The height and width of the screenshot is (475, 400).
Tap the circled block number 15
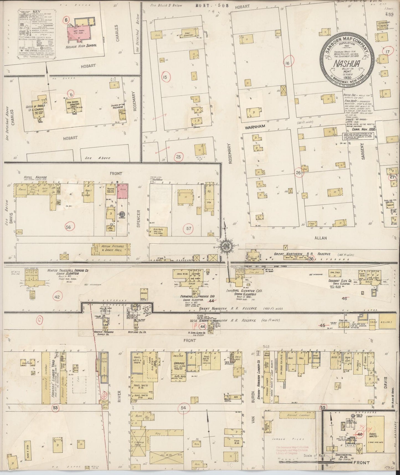point(165,77)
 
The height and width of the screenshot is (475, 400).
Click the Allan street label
point(321,238)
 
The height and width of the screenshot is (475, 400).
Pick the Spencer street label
point(139,218)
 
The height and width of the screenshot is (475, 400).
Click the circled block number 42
point(57,297)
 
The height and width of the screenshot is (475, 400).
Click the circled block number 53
point(56,407)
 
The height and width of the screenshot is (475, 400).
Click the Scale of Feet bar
point(303,462)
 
